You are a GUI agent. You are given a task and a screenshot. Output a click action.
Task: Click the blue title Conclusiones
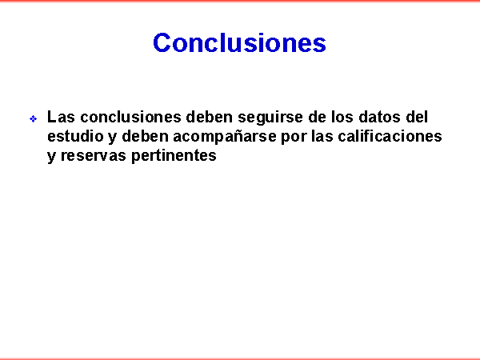click(x=239, y=42)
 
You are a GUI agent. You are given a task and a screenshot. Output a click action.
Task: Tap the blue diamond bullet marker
click(x=34, y=118)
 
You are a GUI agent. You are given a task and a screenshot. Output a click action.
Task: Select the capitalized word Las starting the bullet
click(x=61, y=117)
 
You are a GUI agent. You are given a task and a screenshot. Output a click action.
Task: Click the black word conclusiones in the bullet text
click(x=130, y=117)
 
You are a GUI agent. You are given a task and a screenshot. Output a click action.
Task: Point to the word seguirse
click(x=270, y=118)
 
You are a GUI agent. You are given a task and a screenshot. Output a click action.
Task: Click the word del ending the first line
click(x=417, y=117)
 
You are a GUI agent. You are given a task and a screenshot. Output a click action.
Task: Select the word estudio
click(x=76, y=136)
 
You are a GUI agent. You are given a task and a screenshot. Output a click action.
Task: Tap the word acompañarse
click(x=225, y=137)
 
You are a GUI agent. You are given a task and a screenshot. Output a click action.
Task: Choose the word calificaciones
click(x=390, y=136)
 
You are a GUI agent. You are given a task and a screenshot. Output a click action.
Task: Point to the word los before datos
click(x=342, y=117)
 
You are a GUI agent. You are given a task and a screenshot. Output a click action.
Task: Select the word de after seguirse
click(x=317, y=117)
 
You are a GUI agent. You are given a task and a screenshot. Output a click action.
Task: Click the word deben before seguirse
click(x=210, y=117)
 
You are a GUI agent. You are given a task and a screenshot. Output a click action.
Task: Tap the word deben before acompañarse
click(x=145, y=136)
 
